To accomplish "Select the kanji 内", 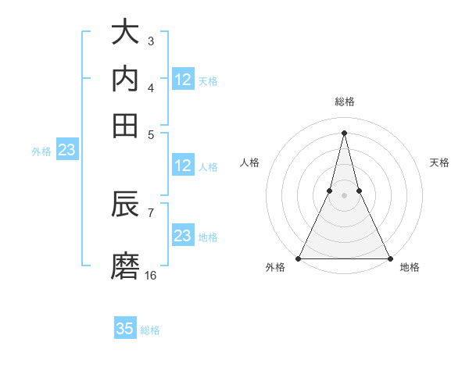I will pos(125,78).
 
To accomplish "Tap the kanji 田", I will pos(125,124).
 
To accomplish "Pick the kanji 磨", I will pos(125,265).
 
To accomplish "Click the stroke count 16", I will pos(151,275).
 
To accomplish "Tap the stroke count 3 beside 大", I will pos(151,41).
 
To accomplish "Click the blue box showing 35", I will pos(125,329).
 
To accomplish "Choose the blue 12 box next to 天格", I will pos(183,80).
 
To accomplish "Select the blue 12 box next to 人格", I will pos(183,166).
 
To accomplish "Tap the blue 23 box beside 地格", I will pos(183,236).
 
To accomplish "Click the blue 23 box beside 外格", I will pos(66,151).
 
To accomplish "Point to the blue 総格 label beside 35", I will pos(150,330).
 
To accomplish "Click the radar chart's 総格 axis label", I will pos(345,102).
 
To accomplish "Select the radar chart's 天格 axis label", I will pos(440,162).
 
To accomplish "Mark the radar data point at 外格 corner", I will pos(299,258).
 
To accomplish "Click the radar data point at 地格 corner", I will pos(389,258).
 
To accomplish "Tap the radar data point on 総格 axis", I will pos(345,132).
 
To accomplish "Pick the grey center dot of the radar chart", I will pos(345,196).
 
